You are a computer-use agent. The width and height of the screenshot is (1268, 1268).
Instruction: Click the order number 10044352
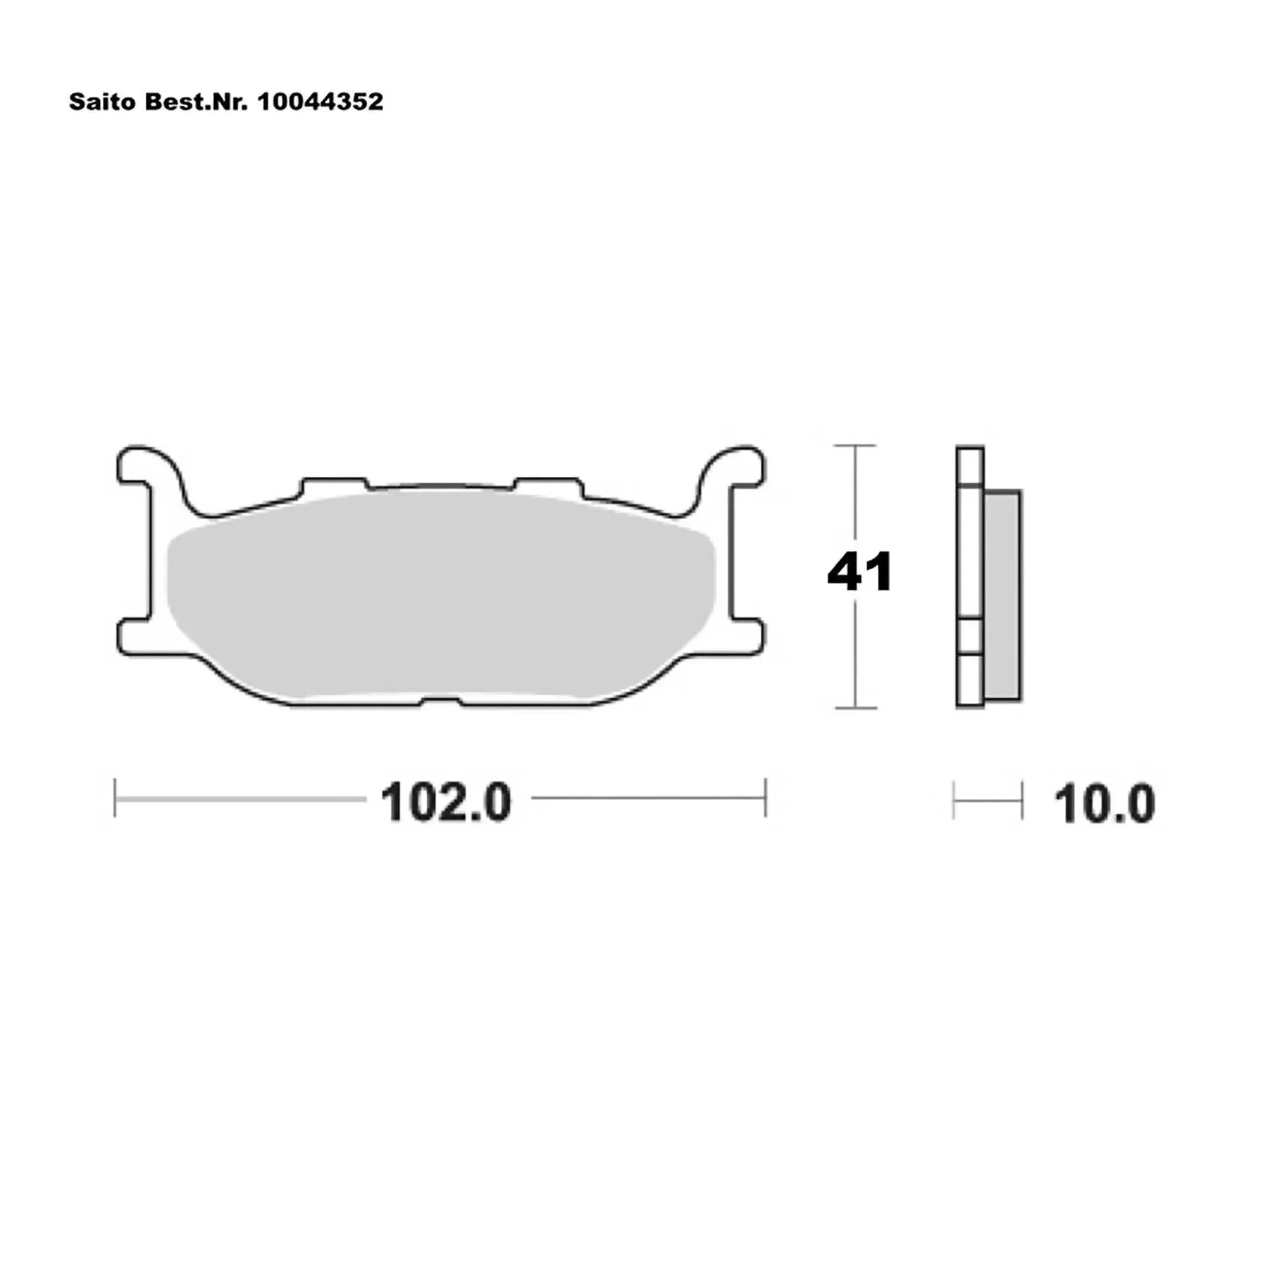pos(321,102)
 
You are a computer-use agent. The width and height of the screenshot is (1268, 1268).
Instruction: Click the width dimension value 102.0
pos(446,802)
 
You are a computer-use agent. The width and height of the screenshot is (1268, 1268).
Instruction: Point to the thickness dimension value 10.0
pos(1105,804)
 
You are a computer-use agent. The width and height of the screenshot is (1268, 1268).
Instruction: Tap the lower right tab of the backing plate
pos(747,637)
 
